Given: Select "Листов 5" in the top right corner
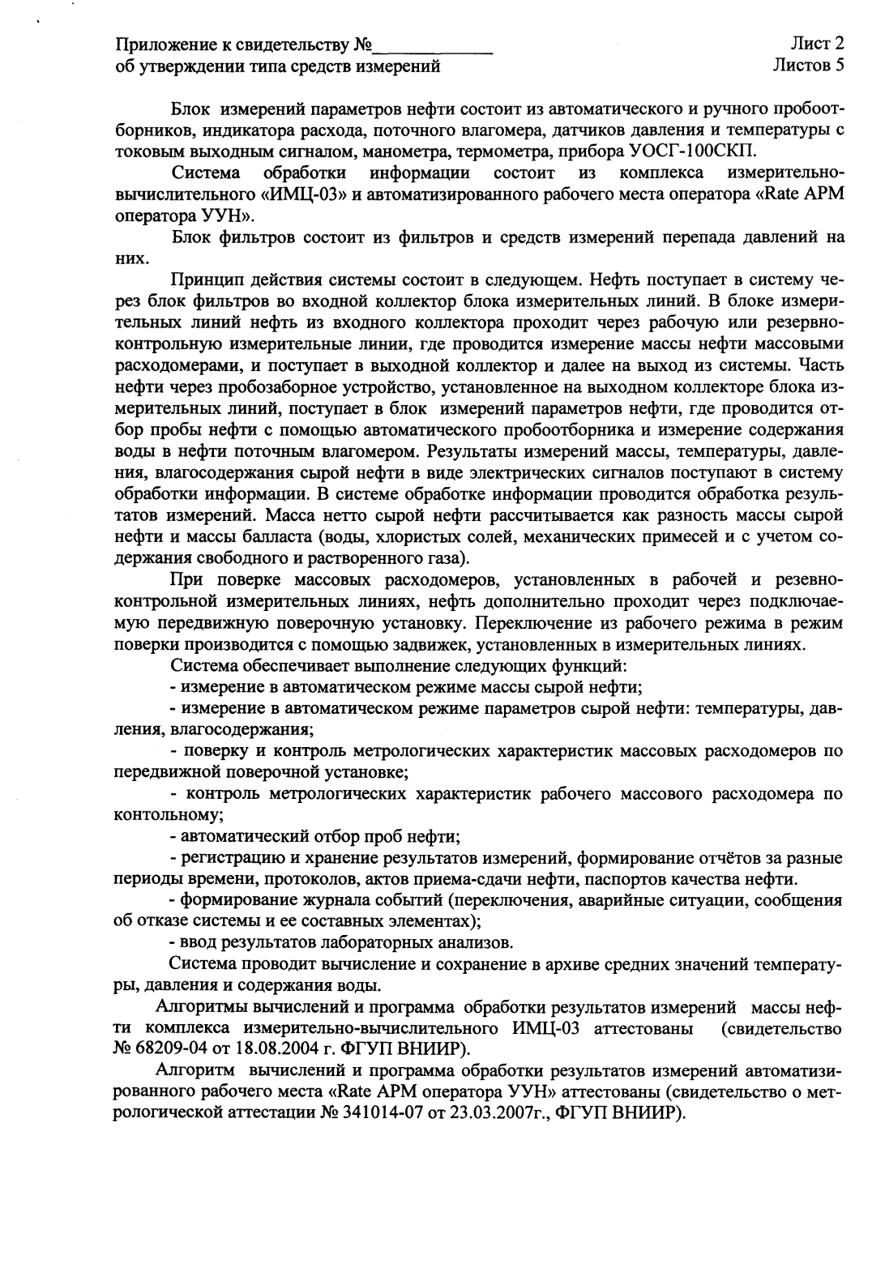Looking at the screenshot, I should click(x=808, y=66).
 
